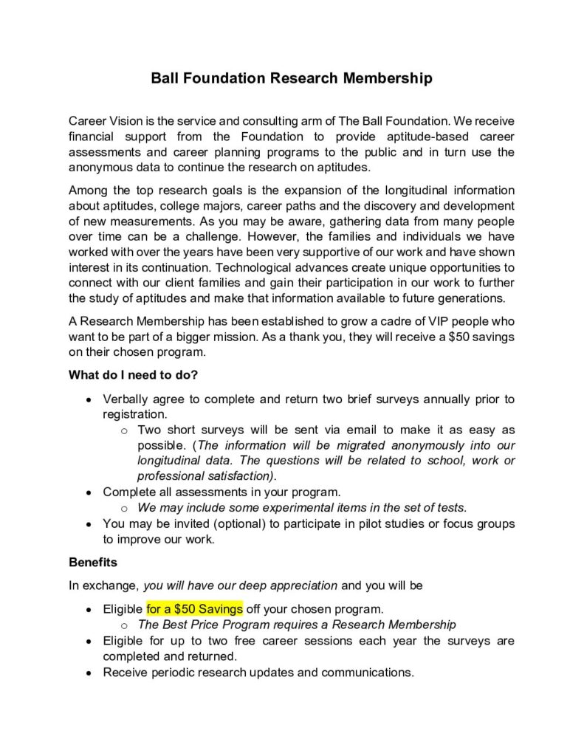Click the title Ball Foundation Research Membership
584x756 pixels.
(292, 78)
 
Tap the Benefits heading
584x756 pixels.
(92, 562)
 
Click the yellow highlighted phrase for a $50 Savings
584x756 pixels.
(194, 609)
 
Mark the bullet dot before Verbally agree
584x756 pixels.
(89, 399)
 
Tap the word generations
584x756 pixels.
(469, 298)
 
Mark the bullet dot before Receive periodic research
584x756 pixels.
(89, 673)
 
